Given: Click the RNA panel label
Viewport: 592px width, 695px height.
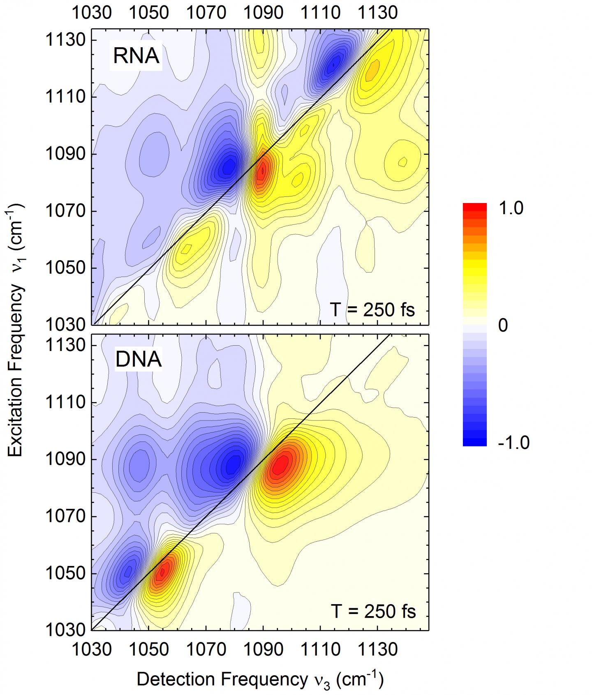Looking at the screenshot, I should pyautogui.click(x=136, y=56).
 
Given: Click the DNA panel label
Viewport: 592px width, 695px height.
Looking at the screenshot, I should pyautogui.click(x=138, y=359).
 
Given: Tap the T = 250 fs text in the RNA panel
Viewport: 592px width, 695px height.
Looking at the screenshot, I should pyautogui.click(x=372, y=309).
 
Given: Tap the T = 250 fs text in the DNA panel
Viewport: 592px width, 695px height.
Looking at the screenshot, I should pyautogui.click(x=373, y=611).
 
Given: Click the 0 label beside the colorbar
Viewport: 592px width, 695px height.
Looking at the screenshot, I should pyautogui.click(x=502, y=326).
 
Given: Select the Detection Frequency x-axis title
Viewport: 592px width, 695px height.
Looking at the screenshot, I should pyautogui.click(x=260, y=679).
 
